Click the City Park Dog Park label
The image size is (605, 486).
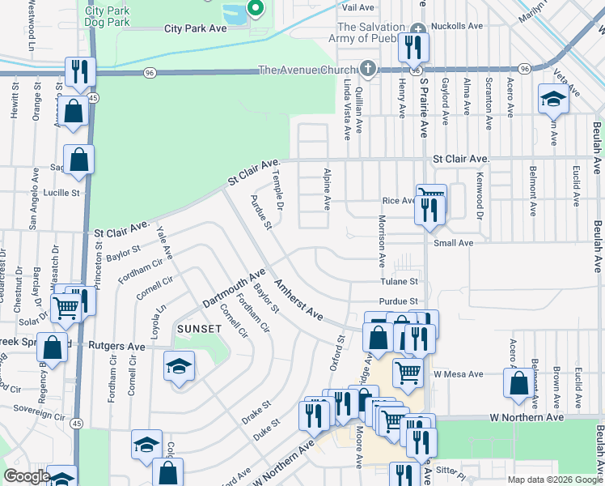107,17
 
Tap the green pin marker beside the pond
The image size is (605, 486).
255,9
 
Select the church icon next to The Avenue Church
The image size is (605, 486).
369,68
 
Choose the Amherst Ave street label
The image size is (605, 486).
298,300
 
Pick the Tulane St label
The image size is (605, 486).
400,282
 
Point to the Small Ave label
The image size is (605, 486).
454,242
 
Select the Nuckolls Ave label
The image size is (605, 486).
458,26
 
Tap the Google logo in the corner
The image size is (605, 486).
27,477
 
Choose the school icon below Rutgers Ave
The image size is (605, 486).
179,366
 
